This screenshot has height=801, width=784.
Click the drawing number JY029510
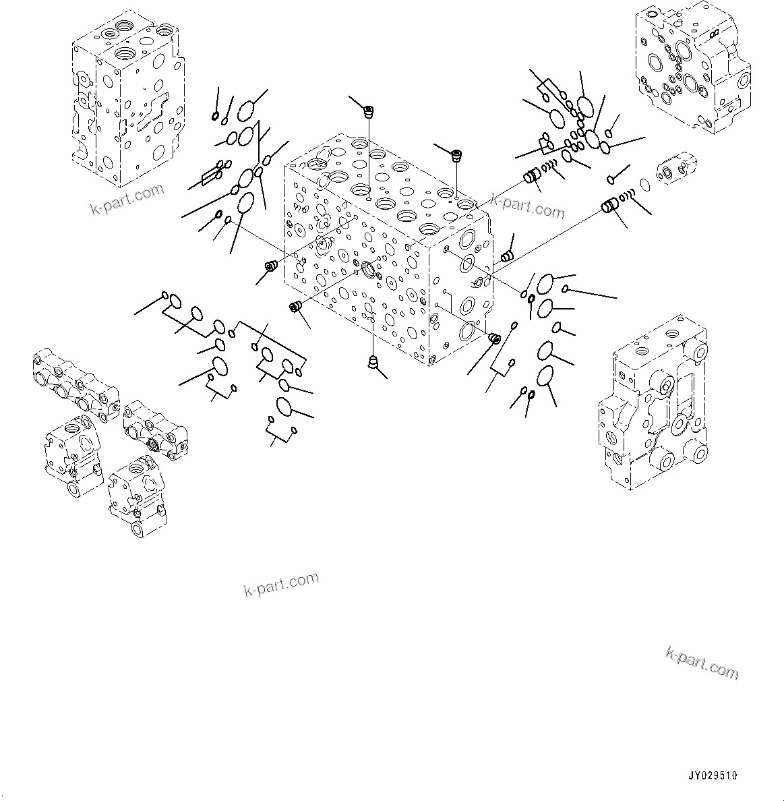713,775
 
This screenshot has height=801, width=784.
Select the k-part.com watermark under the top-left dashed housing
127,200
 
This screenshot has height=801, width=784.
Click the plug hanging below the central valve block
373,363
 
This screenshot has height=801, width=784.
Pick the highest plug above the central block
369,111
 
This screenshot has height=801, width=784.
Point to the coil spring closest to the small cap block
626,197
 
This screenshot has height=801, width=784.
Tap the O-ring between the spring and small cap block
644,184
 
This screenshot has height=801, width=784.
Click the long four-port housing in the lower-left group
74,385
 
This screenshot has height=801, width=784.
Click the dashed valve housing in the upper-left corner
127,101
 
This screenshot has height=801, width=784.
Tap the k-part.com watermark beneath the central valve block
281,584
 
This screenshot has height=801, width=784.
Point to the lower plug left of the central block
295,307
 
